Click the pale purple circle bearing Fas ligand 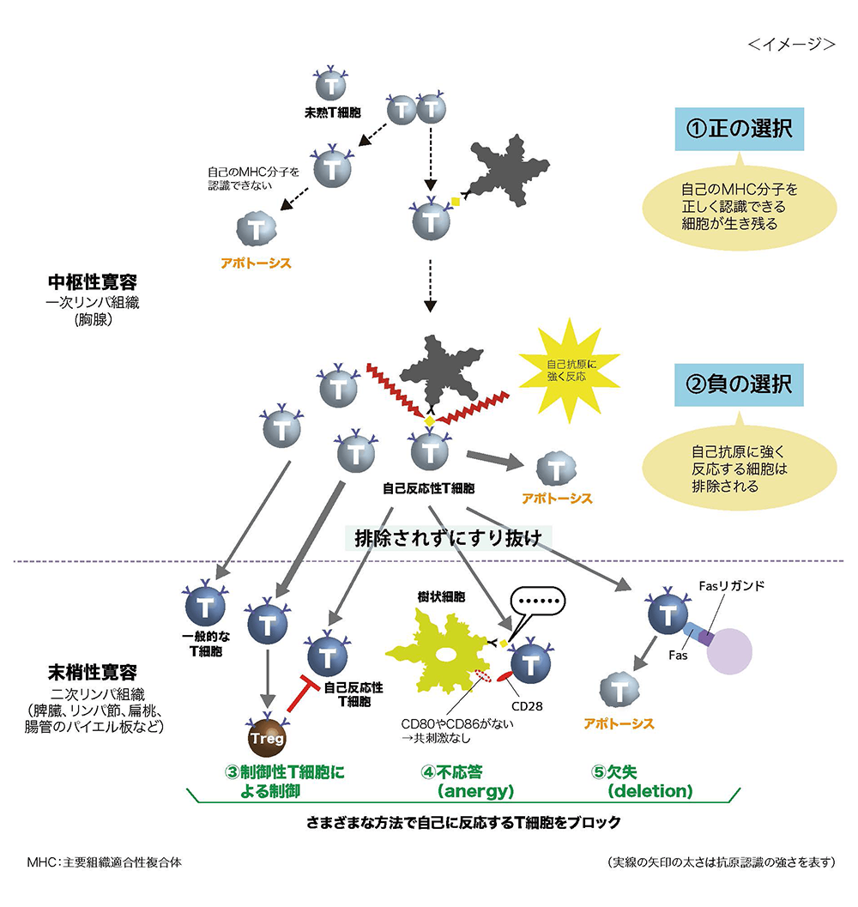pos(731,650)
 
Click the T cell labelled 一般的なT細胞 pos(206,608)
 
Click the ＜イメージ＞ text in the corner pos(791,44)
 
